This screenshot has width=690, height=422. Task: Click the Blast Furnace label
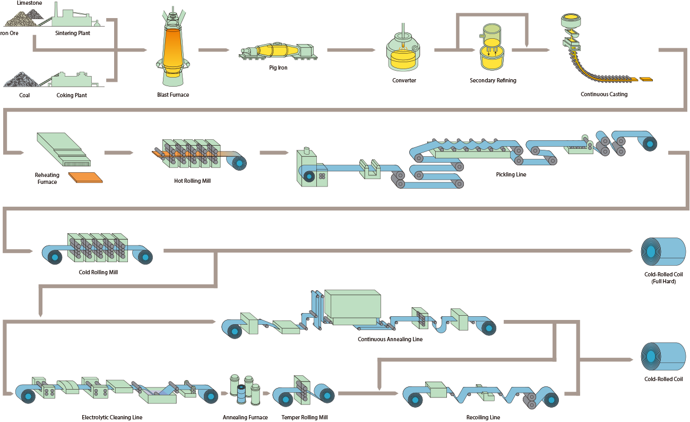click(173, 95)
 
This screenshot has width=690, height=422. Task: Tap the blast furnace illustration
click(173, 50)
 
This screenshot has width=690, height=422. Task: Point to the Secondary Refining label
click(493, 81)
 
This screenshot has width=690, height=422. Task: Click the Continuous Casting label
click(604, 94)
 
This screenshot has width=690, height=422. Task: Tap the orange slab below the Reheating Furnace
click(85, 178)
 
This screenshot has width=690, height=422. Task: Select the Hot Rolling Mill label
click(192, 181)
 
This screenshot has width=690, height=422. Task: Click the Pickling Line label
click(511, 174)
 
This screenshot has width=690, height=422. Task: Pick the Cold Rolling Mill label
click(98, 272)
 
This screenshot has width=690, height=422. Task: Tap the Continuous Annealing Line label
click(390, 339)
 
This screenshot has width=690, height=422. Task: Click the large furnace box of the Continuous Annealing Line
click(352, 305)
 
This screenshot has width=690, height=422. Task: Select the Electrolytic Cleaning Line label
click(112, 417)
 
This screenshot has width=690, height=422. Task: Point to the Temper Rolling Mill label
click(305, 417)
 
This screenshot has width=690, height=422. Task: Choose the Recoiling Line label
click(483, 417)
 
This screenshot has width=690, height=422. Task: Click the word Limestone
click(30, 3)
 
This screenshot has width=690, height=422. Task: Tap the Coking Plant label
click(72, 96)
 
